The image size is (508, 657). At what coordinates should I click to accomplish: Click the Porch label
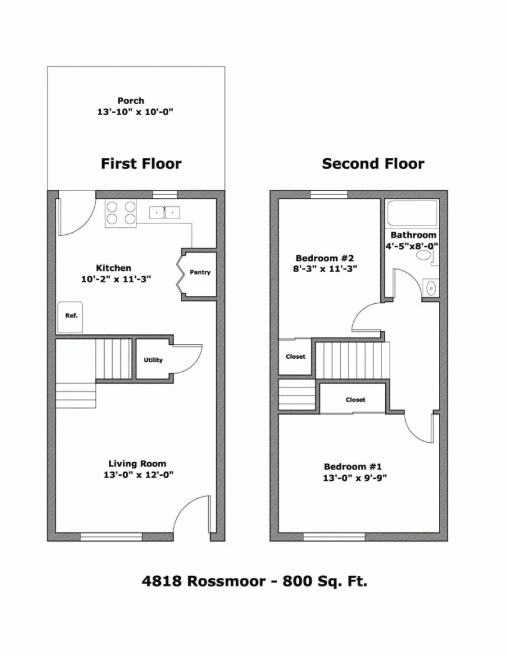tap(131, 100)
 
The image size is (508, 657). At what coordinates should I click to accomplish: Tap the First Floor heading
tap(141, 164)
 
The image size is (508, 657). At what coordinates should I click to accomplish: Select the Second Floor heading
tap(373, 164)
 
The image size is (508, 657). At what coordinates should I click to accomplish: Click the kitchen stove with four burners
tap(121, 213)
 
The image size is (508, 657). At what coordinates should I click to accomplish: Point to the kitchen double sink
tap(164, 213)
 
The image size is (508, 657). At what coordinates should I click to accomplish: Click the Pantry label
tap(200, 272)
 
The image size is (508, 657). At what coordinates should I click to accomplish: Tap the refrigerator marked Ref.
tap(70, 315)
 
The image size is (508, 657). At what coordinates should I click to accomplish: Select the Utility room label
tap(153, 360)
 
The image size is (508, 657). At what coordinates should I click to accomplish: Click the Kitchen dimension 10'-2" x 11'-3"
tap(116, 280)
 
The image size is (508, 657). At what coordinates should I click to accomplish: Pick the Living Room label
tap(137, 463)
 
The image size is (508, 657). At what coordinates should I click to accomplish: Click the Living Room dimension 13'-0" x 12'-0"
tap(137, 475)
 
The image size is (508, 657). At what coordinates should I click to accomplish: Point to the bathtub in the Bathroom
tap(411, 215)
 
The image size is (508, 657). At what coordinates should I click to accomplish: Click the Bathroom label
tap(413, 235)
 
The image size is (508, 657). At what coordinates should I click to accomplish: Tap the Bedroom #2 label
tap(325, 258)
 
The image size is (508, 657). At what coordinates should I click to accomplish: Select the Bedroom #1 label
tap(353, 467)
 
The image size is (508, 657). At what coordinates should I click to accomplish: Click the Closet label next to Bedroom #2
tap(295, 357)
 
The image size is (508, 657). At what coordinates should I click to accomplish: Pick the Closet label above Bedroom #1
tap(355, 400)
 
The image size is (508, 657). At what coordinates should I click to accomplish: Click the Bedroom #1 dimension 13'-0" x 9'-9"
tap(353, 478)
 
